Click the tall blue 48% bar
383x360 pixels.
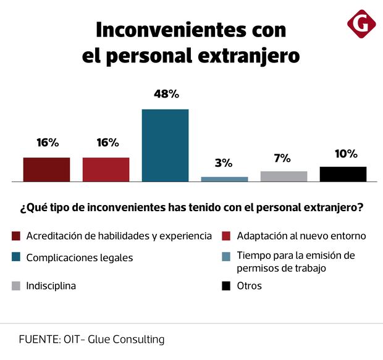[x=165, y=145]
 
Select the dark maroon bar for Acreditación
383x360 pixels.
[x=46, y=169]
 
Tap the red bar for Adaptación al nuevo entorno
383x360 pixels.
[x=106, y=169]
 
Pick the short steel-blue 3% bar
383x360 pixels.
[x=224, y=179]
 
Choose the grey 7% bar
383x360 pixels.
[x=284, y=176]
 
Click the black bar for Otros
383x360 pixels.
[x=343, y=174]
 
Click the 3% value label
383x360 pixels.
[x=224, y=163]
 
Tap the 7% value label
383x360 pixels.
[x=282, y=158]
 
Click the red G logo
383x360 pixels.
[x=361, y=24]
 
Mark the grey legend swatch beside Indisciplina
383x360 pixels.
[x=16, y=286]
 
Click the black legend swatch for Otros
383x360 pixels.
[x=226, y=286]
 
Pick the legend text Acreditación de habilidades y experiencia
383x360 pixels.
[x=119, y=236]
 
